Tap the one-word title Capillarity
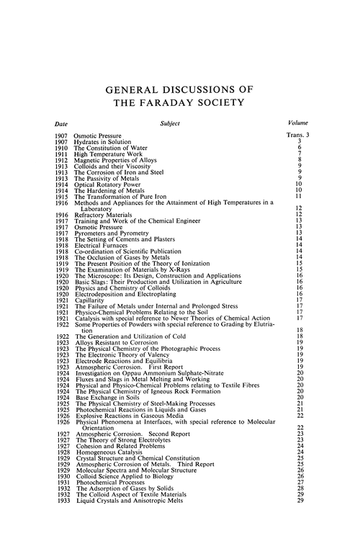[x=90, y=298]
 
